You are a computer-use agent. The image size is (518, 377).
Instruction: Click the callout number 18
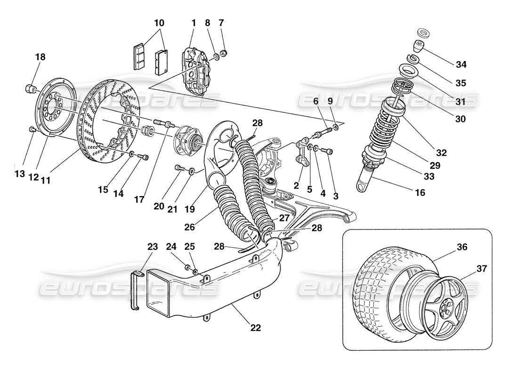(40, 57)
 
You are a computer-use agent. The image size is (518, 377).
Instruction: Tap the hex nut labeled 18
(30, 88)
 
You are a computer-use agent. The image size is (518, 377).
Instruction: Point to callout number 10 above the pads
(159, 22)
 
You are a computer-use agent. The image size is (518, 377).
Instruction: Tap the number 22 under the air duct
(255, 328)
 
